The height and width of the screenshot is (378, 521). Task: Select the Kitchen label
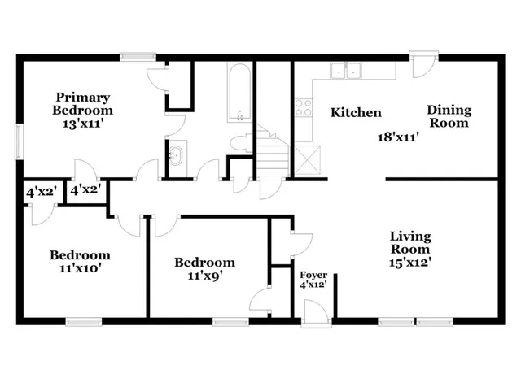click(356, 112)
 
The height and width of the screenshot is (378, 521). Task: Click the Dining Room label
click(449, 117)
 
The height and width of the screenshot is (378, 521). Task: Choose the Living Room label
click(410, 242)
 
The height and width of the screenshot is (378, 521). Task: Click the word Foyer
click(313, 275)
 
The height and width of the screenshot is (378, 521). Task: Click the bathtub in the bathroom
click(240, 93)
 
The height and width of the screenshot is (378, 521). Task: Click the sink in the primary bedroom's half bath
click(178, 152)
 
